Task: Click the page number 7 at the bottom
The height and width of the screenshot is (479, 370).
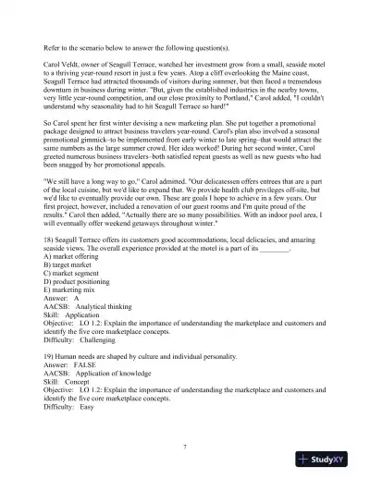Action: click(x=186, y=446)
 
